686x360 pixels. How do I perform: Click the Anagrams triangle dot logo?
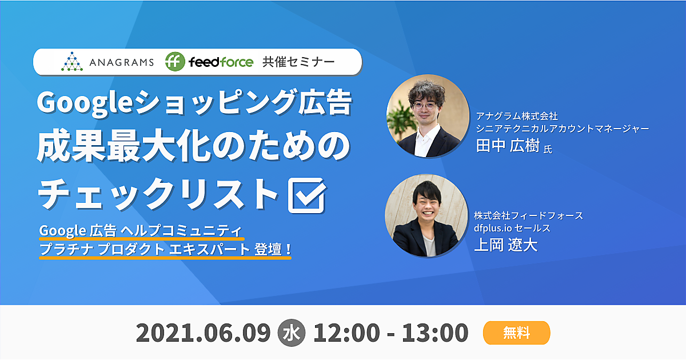[x=72, y=62]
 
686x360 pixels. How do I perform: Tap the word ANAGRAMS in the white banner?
[x=122, y=62]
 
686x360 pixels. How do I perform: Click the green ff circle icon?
[x=175, y=62]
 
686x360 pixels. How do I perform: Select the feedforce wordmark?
[x=221, y=62]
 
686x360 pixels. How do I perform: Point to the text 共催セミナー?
[x=298, y=62]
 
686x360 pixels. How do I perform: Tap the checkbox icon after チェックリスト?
[x=307, y=195]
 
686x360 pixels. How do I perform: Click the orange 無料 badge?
[x=517, y=333]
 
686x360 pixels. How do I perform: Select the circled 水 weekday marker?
[x=291, y=333]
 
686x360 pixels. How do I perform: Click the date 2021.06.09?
[x=204, y=333]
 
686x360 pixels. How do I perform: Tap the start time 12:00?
[x=346, y=333]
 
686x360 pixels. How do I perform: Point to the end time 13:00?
[x=435, y=333]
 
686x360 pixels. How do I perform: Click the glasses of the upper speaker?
[x=425, y=106]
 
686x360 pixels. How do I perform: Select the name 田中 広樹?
[x=508, y=145]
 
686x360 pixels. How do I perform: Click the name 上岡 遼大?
[x=505, y=245]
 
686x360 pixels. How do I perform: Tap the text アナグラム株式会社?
[x=517, y=116]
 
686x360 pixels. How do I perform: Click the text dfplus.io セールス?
[x=512, y=228]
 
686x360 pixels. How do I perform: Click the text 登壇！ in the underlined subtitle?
[x=273, y=249]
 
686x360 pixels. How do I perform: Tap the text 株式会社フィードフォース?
[x=529, y=215]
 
